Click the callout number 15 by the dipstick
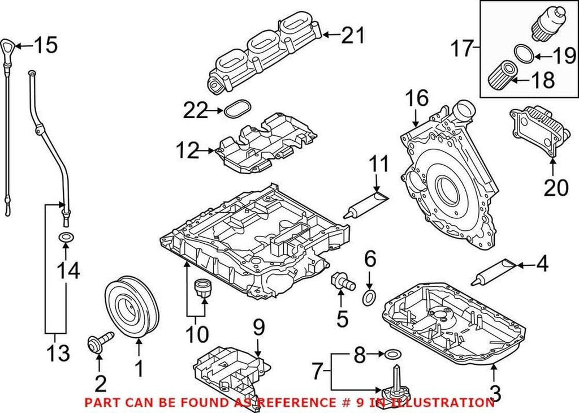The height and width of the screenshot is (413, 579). [45, 45]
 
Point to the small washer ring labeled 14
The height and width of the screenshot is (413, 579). [66, 236]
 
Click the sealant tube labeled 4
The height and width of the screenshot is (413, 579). [494, 270]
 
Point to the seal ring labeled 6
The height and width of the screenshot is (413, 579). [369, 297]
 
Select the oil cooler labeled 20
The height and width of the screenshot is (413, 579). [538, 130]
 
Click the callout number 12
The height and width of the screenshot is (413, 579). [187, 151]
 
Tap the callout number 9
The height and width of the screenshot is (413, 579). [258, 326]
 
